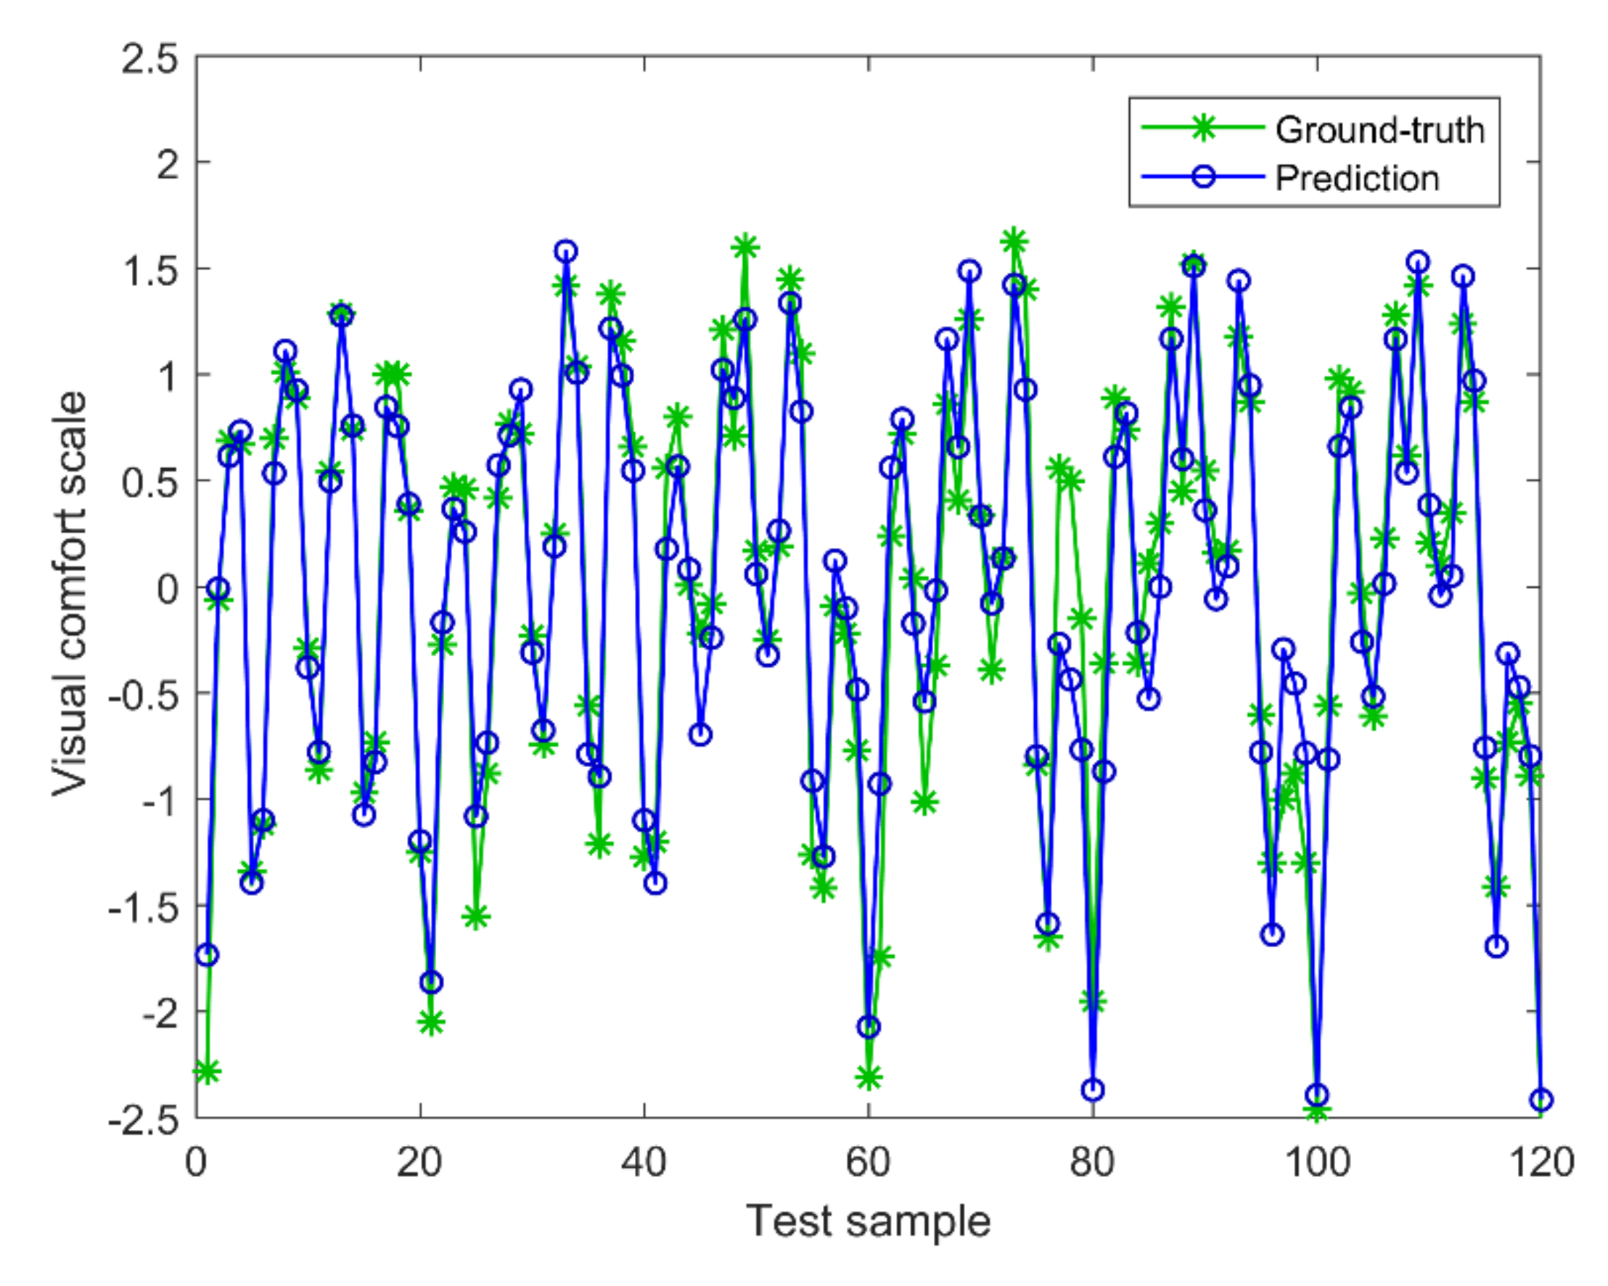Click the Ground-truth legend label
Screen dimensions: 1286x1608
1379,131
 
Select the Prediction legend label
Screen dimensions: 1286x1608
1357,179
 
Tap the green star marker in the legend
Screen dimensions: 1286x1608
1202,128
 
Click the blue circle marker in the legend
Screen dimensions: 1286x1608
1202,178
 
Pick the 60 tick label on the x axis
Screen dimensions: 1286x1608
868,1162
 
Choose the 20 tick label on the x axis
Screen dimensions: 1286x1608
420,1162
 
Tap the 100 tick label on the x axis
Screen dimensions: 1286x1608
1316,1162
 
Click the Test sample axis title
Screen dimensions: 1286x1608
868,1221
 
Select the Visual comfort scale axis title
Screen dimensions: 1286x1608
70,594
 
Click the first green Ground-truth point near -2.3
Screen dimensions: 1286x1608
208,1072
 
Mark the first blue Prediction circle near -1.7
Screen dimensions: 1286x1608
208,955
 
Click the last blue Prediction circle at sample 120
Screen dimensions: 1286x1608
1541,1099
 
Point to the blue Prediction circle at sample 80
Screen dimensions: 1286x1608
1093,1090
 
